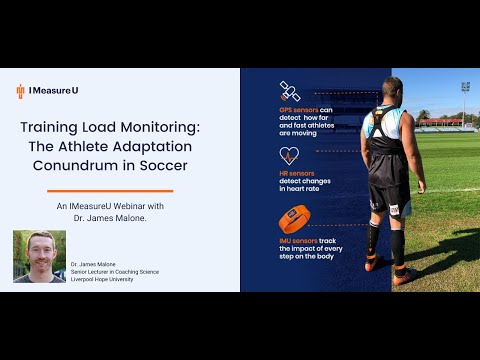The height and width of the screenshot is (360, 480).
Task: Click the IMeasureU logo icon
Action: [20, 91]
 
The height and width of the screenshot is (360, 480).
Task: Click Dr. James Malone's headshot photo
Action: [39, 256]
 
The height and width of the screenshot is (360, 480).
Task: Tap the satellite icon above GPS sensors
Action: [289, 90]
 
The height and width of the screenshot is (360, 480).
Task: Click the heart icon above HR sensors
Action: [289, 155]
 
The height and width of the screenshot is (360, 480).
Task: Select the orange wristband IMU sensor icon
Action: [290, 219]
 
